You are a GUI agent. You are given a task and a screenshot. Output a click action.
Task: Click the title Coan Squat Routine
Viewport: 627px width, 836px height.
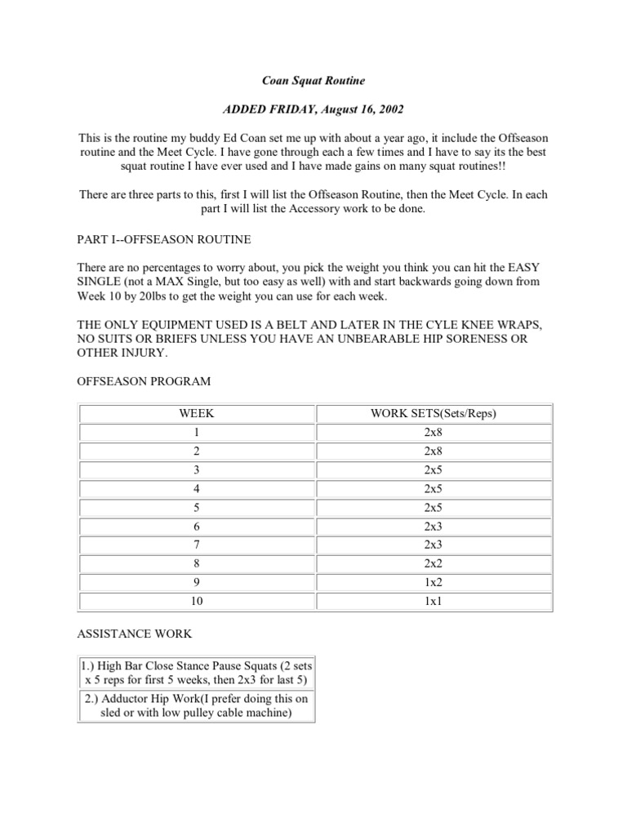tap(313, 82)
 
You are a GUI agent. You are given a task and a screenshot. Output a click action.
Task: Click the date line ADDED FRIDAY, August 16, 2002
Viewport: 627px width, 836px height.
tap(313, 110)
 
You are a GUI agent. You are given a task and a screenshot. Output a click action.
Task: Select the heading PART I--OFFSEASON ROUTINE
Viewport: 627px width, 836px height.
tap(164, 240)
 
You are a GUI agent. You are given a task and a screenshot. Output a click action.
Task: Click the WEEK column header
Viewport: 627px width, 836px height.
tap(197, 413)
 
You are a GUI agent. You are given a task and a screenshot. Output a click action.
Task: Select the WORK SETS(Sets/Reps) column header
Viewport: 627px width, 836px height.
tap(434, 413)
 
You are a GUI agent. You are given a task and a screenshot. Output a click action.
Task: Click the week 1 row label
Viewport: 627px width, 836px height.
tap(197, 432)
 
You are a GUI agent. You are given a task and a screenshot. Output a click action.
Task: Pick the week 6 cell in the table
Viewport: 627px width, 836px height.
tap(197, 527)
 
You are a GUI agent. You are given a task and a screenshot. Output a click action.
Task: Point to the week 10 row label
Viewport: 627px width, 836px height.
tap(197, 602)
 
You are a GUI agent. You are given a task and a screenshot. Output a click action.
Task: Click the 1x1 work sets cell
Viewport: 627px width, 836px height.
tap(434, 602)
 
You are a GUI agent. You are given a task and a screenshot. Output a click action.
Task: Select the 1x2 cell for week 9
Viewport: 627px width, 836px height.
tap(434, 583)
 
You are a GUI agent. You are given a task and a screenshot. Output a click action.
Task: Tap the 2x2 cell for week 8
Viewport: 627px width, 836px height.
tap(434, 564)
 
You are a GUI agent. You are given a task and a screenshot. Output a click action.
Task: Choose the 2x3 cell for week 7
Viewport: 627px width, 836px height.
tap(434, 545)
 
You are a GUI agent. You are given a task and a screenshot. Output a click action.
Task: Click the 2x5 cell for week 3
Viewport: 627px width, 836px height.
tap(434, 469)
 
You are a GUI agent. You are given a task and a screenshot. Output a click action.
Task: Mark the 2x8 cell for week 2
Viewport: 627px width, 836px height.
tap(434, 451)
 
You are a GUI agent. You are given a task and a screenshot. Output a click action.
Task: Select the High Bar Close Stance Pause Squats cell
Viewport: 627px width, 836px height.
tap(196, 674)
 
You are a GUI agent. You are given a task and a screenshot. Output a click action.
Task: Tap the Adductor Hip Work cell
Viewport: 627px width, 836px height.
tap(196, 705)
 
